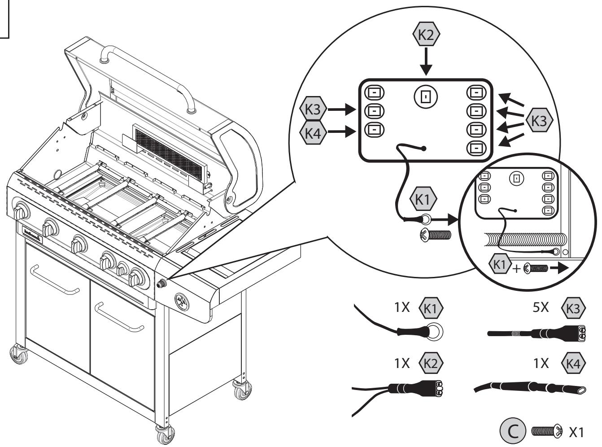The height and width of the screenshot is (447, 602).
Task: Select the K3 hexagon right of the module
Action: tap(539, 120)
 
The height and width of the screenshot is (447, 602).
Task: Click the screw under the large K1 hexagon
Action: tap(434, 235)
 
